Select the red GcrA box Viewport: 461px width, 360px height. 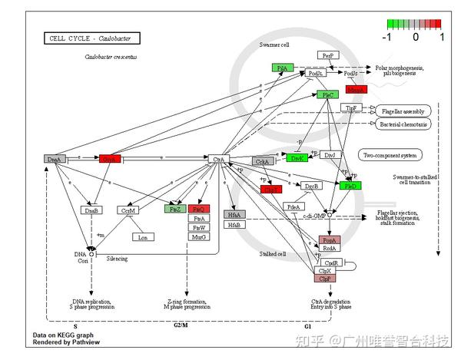coord(110,159)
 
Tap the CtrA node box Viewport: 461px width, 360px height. coord(219,159)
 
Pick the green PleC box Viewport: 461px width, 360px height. coord(325,95)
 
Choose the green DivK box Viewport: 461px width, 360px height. coord(297,158)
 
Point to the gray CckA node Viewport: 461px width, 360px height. coord(263,161)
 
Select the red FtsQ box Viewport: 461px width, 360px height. coord(198,208)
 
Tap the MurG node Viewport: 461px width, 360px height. coord(198,236)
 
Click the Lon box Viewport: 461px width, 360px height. coord(142,237)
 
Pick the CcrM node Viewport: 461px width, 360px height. coord(128,210)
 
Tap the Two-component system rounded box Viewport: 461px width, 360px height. coord(389,155)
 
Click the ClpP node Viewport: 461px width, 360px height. coord(324,279)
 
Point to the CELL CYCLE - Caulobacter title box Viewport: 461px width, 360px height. coord(78,38)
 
